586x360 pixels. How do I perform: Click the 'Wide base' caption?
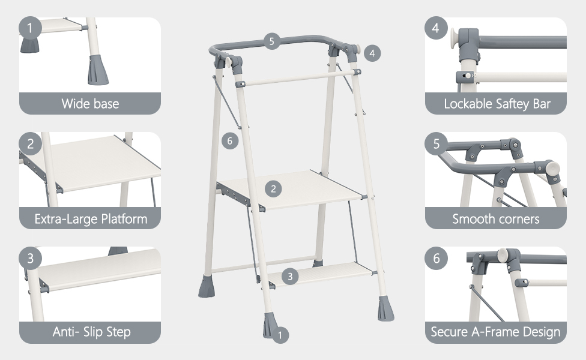(90, 103)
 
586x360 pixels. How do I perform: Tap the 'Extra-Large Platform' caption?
(91, 219)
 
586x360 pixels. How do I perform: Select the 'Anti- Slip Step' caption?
(91, 332)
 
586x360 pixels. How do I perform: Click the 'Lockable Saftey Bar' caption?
(497, 104)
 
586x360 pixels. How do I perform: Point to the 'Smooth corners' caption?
(496, 219)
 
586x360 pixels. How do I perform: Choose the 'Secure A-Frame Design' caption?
(495, 332)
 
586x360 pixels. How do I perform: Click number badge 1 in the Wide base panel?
(30, 28)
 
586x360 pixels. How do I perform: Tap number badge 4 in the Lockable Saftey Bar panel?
(436, 28)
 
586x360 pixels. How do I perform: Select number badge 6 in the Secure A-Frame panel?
(436, 258)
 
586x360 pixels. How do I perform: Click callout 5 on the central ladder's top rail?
(272, 41)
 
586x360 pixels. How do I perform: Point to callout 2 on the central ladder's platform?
(273, 188)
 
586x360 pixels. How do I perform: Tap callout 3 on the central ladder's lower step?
(290, 277)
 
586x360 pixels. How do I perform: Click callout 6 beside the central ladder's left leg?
(230, 141)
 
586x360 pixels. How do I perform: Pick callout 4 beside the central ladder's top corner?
(372, 53)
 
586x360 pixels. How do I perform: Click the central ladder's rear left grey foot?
(207, 286)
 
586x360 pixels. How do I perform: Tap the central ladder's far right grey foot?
(385, 308)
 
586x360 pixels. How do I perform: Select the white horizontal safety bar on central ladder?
(298, 78)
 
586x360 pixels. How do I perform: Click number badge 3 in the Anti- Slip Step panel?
(30, 258)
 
